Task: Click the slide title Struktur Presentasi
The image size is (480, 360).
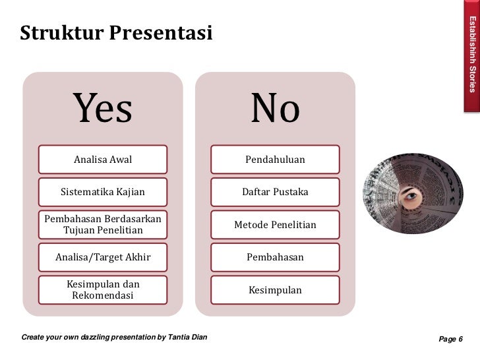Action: [x=116, y=31]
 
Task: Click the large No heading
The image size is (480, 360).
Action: [x=275, y=109]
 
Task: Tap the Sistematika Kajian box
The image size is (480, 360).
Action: [x=103, y=192]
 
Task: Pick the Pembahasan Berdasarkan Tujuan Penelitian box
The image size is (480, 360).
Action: [x=103, y=224]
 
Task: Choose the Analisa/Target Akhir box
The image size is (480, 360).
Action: [x=103, y=256]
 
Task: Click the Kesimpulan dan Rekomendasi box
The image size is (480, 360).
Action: [x=103, y=289]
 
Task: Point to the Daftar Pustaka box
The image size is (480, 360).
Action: [x=275, y=192]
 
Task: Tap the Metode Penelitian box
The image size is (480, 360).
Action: [x=275, y=225]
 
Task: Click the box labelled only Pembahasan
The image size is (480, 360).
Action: [x=275, y=256]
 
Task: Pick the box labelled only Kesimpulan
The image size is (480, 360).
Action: [x=275, y=290]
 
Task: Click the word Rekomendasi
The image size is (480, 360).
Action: [x=102, y=296]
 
